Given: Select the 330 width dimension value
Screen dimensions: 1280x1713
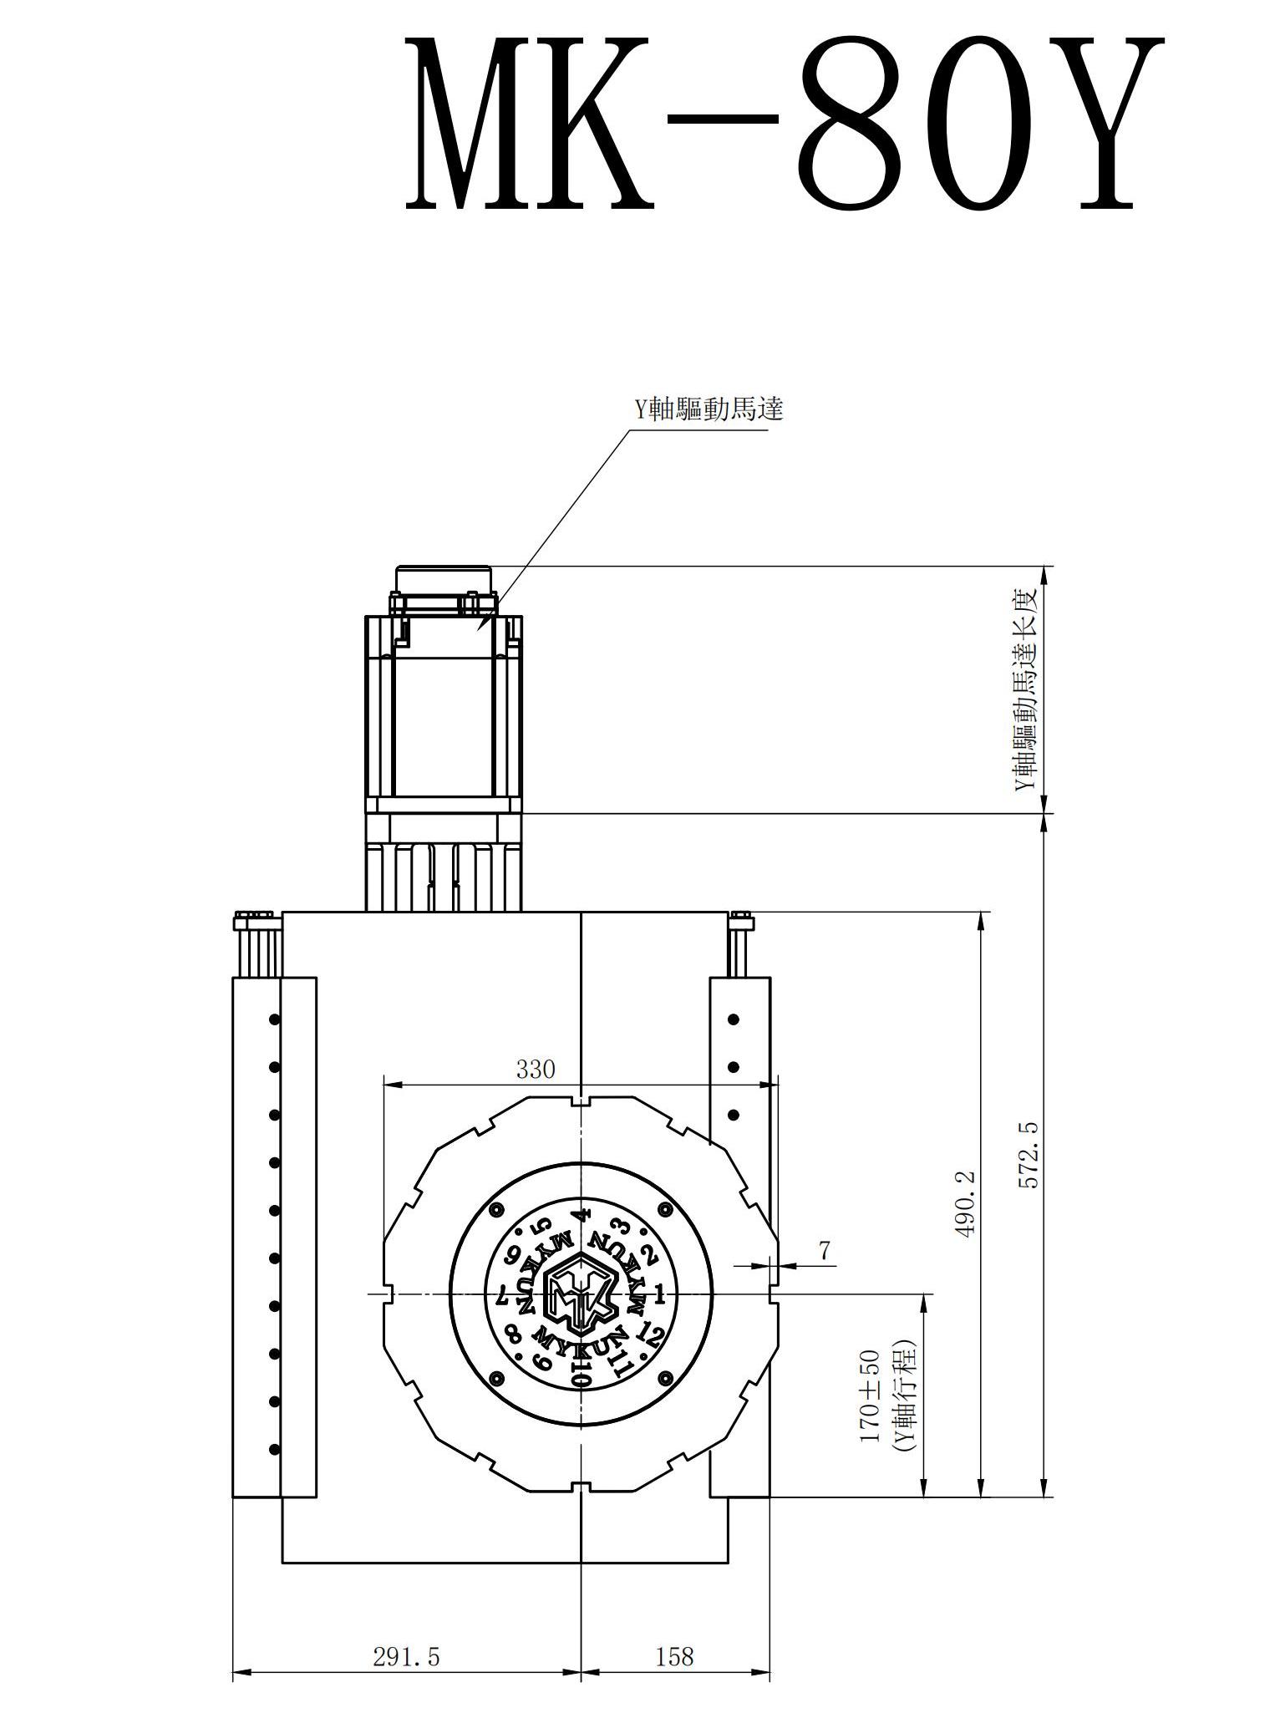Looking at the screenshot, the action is coord(536,1069).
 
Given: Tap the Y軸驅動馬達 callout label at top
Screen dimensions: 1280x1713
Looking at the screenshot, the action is coord(708,409).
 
